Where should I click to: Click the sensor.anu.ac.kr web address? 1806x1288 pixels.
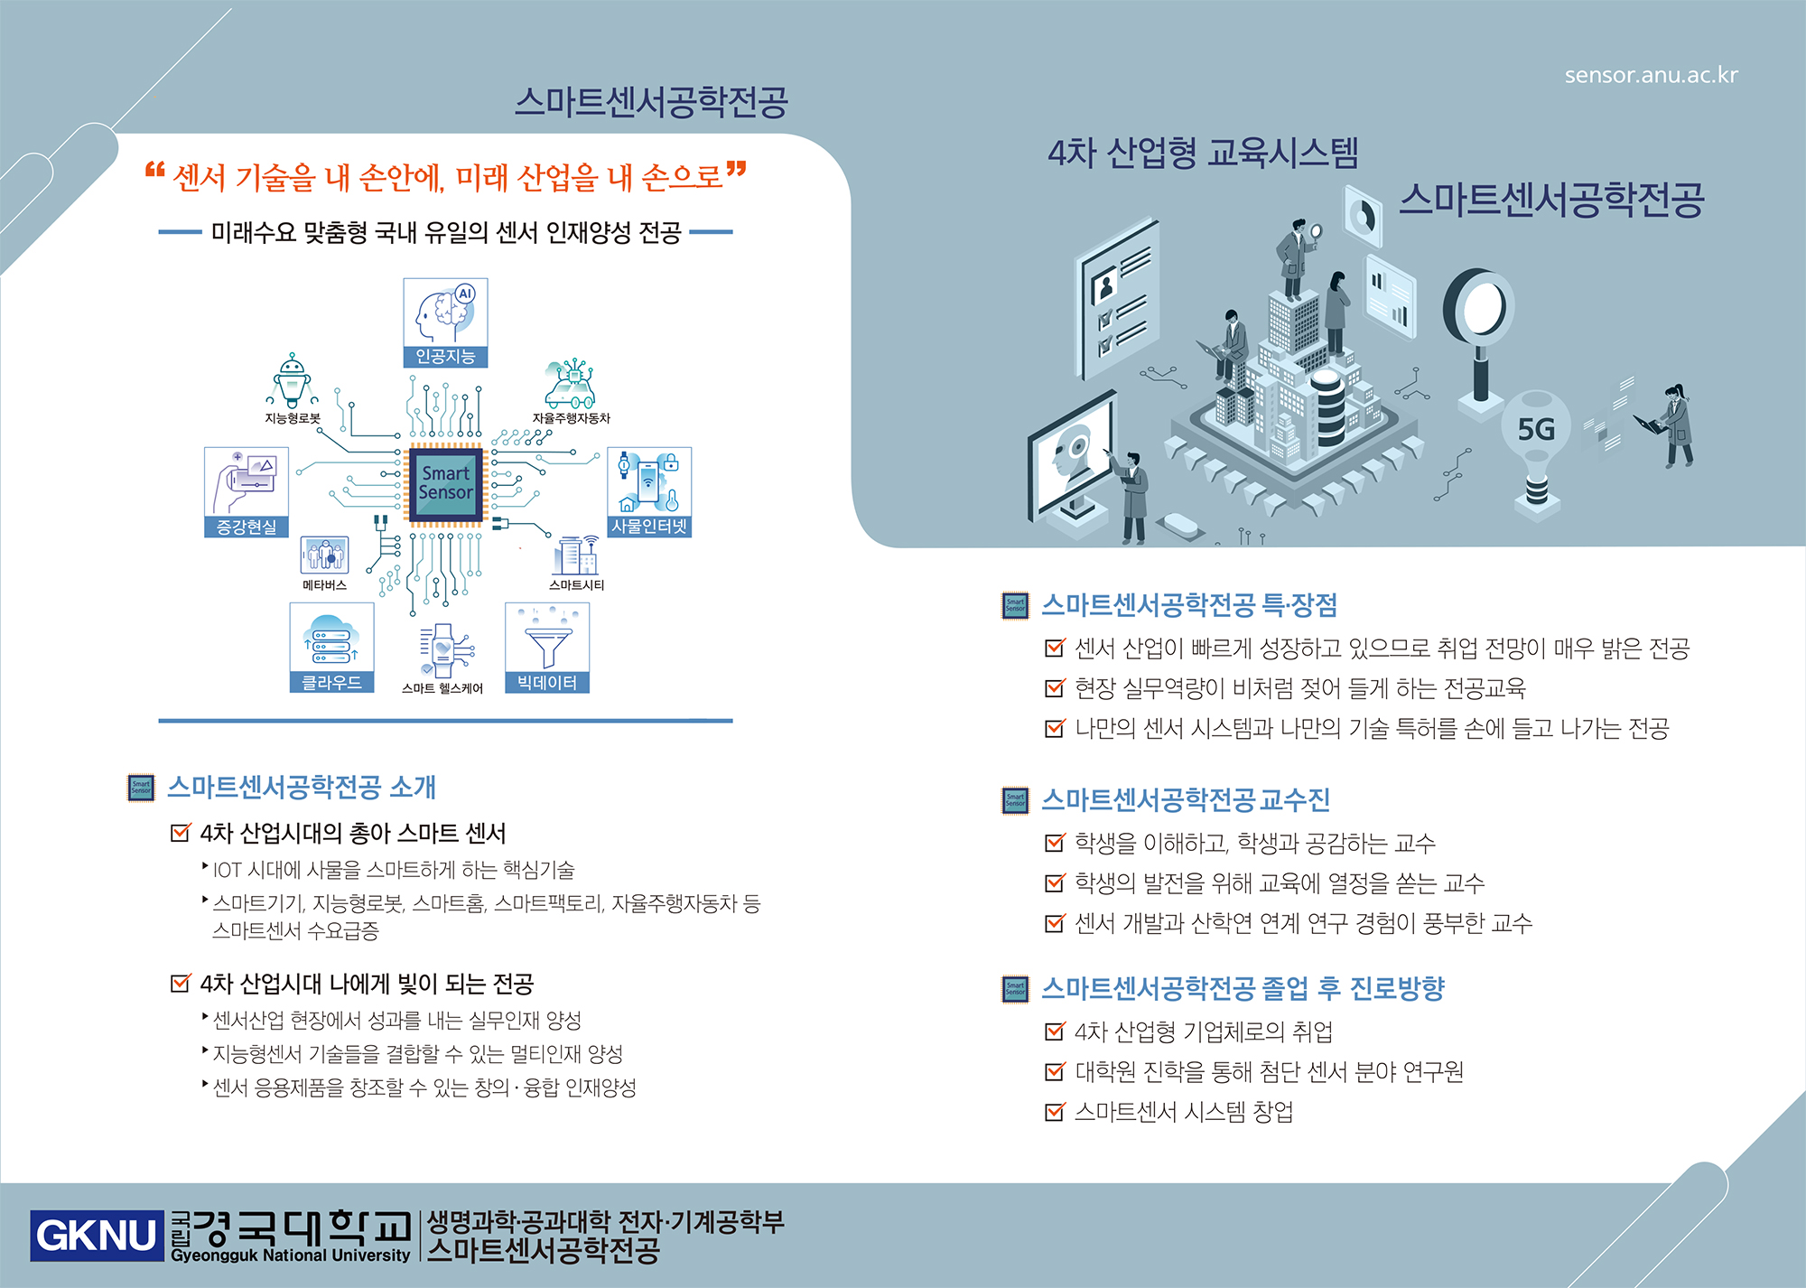(1651, 75)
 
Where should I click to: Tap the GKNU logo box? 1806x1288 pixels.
(97, 1235)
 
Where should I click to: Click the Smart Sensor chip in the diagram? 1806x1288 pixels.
(446, 483)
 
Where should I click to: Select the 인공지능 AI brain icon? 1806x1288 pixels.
(445, 313)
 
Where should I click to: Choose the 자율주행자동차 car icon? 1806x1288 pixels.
(570, 385)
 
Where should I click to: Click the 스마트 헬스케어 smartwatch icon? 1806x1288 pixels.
(442, 650)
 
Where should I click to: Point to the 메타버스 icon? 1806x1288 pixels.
(324, 555)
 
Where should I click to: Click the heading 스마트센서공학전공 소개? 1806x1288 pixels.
(302, 787)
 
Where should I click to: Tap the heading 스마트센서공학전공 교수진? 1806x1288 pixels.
(1186, 799)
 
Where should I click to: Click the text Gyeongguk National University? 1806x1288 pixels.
(291, 1255)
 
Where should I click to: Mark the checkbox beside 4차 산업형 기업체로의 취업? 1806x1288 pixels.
(1054, 1031)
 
